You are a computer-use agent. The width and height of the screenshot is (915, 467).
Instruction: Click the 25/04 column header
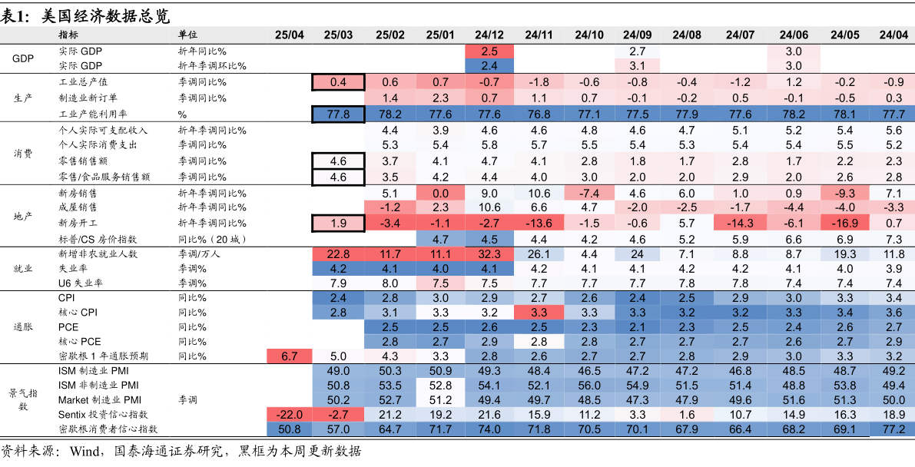(x=289, y=35)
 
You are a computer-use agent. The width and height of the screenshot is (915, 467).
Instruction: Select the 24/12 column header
(x=489, y=35)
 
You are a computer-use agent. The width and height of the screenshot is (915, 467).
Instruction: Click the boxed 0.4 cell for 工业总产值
(x=338, y=82)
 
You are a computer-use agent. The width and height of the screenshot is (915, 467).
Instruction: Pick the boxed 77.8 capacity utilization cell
(x=338, y=114)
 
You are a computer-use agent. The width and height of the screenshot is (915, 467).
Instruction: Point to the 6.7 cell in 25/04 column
(x=289, y=356)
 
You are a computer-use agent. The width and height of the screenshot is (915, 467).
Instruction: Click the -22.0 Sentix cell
(x=289, y=415)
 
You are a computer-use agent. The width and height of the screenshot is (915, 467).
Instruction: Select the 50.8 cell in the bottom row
(x=289, y=429)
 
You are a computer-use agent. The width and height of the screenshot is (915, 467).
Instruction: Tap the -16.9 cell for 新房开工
(x=844, y=223)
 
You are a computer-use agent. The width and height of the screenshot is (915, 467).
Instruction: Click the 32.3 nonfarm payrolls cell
(x=489, y=254)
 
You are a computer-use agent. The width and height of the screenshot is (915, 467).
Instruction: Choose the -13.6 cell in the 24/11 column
(x=539, y=223)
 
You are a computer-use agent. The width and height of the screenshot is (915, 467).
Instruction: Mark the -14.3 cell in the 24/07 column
(x=740, y=223)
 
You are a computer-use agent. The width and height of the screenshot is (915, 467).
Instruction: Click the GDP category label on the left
(x=23, y=58)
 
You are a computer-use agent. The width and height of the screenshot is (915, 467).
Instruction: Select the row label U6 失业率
(x=81, y=283)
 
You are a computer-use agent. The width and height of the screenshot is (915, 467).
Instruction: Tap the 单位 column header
(x=187, y=35)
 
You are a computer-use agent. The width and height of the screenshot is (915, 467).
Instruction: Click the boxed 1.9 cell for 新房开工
(x=338, y=223)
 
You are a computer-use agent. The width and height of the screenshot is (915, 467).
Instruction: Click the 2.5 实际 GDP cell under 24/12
(x=489, y=51)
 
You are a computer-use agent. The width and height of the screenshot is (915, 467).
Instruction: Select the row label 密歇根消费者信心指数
(x=108, y=429)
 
